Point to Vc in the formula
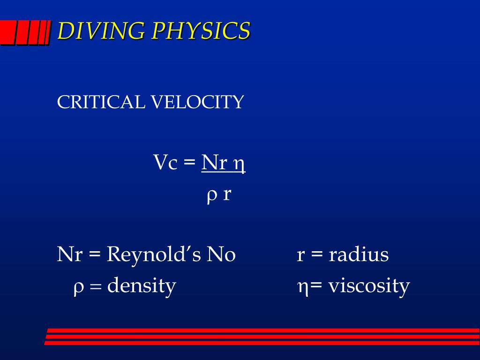[165, 163]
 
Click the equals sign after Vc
[189, 164]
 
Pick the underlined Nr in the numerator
[214, 163]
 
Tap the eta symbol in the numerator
[240, 165]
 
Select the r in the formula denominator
[227, 195]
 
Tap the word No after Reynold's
[221, 255]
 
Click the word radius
[359, 255]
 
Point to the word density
[142, 286]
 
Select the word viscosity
[369, 286]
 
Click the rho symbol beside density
[78, 287]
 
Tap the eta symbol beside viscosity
[302, 287]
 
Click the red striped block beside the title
[25, 33]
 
